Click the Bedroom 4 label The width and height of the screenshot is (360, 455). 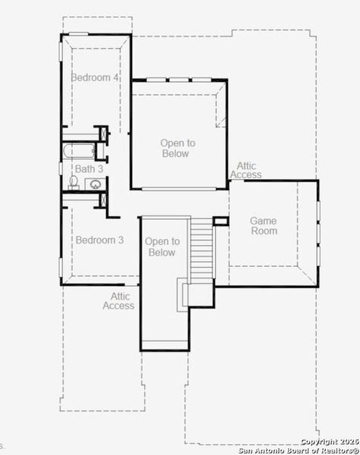pyautogui.click(x=95, y=77)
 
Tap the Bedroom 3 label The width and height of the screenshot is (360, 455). pyautogui.click(x=99, y=240)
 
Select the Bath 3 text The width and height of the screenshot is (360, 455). pyautogui.click(x=88, y=169)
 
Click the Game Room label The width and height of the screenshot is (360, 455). pyautogui.click(x=264, y=225)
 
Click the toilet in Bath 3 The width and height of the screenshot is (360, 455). pyautogui.click(x=74, y=182)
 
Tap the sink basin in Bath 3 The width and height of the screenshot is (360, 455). pyautogui.click(x=96, y=184)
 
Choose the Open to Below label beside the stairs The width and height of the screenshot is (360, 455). pyautogui.click(x=162, y=246)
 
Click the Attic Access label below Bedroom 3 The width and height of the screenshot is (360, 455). pyautogui.click(x=118, y=301)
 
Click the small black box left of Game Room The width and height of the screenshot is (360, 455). pyautogui.click(x=221, y=221)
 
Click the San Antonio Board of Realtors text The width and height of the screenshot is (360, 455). pyautogui.click(x=299, y=450)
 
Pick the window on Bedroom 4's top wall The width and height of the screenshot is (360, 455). pyautogui.click(x=78, y=33)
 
